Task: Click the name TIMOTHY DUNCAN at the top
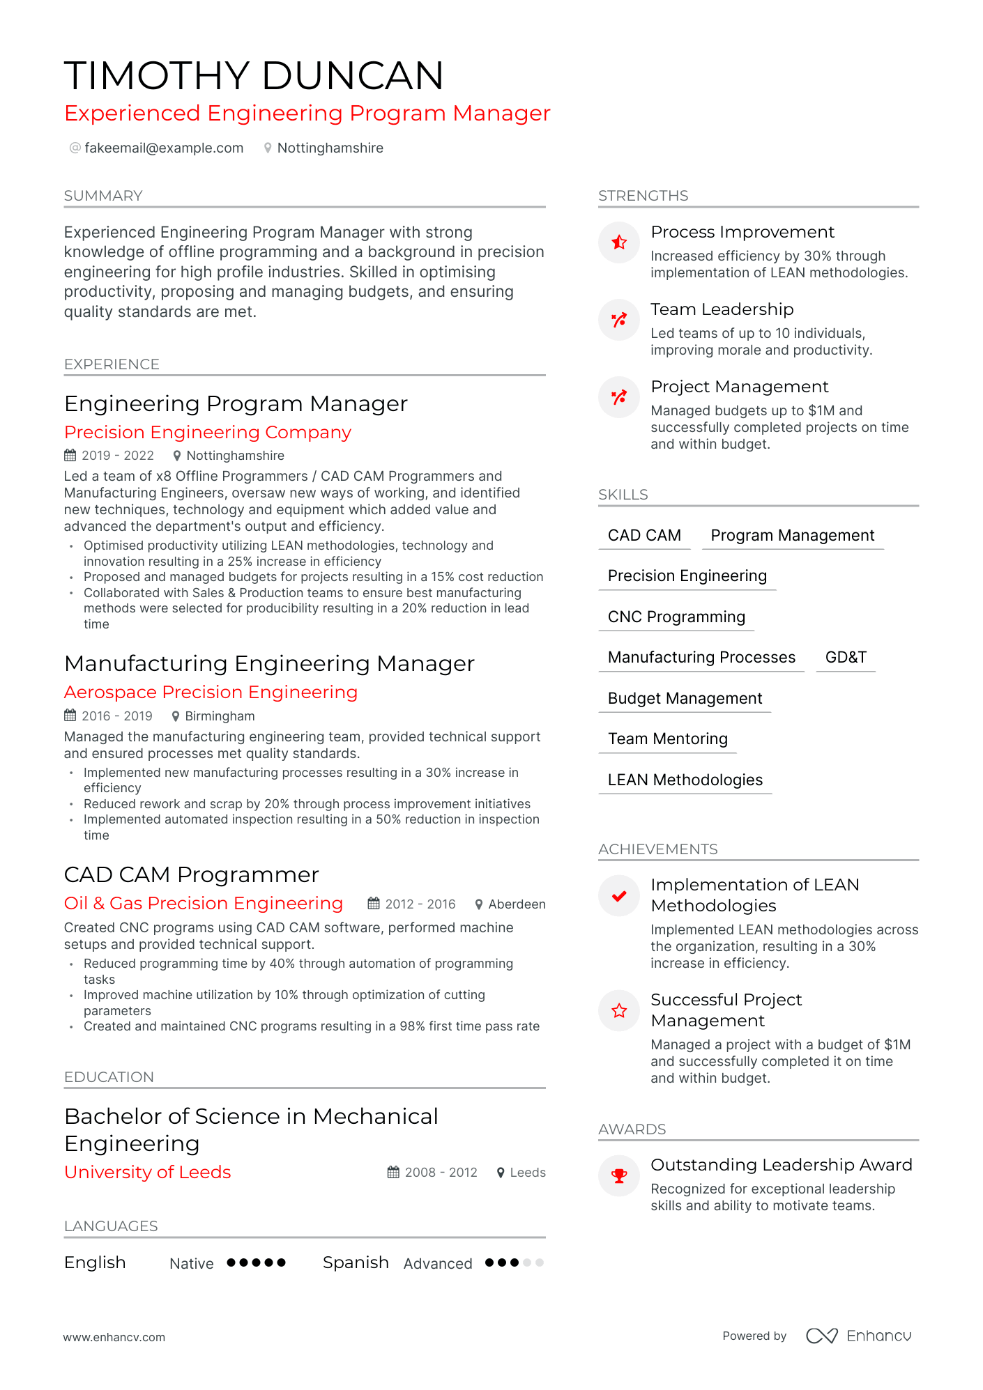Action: [x=254, y=75]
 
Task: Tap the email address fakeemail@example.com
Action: [x=164, y=148]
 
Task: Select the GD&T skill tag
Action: [x=845, y=657]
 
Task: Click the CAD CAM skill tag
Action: [x=644, y=535]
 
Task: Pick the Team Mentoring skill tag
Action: [x=667, y=739]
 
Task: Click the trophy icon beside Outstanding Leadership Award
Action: [x=619, y=1176]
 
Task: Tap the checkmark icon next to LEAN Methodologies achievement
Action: [x=619, y=896]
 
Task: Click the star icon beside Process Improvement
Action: [x=619, y=242]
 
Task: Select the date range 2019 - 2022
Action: [x=117, y=456]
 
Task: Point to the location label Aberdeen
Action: [x=517, y=904]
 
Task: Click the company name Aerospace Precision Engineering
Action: [x=211, y=692]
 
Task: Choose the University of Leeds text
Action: [x=147, y=1172]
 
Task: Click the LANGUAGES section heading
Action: [x=111, y=1226]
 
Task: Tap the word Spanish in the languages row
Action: [x=356, y=1262]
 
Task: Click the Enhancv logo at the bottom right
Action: [x=859, y=1336]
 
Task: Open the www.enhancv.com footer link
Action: [x=114, y=1337]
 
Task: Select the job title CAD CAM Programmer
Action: [x=191, y=874]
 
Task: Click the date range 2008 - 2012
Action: [x=441, y=1173]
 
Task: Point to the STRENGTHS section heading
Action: [x=643, y=196]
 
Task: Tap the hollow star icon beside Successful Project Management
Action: [x=619, y=1011]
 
